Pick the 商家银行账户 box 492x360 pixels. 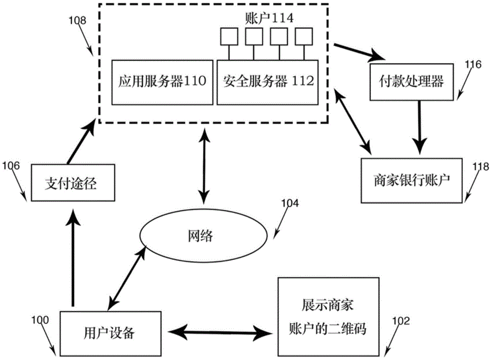412,180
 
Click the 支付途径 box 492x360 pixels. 69,183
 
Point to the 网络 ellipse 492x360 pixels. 200,235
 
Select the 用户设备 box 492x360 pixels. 112,332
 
